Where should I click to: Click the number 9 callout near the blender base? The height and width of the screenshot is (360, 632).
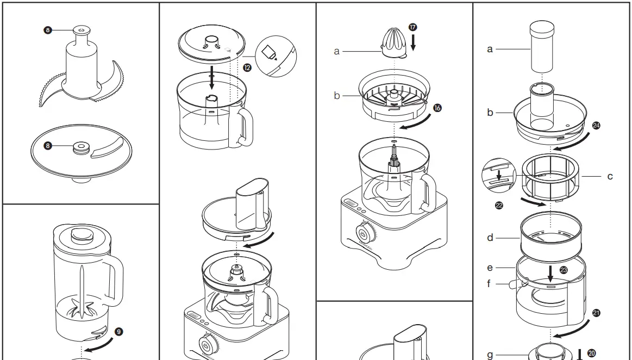click(x=119, y=331)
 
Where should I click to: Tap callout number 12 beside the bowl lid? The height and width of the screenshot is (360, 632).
click(x=247, y=67)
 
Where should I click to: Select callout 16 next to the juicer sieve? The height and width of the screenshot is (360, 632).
click(x=437, y=108)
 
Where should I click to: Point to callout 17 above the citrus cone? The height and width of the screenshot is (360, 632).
click(x=414, y=27)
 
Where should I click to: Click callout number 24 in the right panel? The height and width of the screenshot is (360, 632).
click(x=596, y=126)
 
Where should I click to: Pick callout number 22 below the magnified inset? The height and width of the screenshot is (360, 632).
click(x=499, y=205)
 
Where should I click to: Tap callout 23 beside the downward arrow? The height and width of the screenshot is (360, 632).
click(x=563, y=269)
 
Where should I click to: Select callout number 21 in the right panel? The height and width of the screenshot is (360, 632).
click(x=596, y=313)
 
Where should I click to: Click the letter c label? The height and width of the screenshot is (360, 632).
click(x=610, y=176)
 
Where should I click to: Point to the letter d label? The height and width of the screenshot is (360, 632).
click(x=490, y=238)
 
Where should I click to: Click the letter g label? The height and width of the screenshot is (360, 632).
click(x=490, y=355)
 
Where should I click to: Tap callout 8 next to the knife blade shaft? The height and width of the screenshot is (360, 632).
click(x=48, y=30)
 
